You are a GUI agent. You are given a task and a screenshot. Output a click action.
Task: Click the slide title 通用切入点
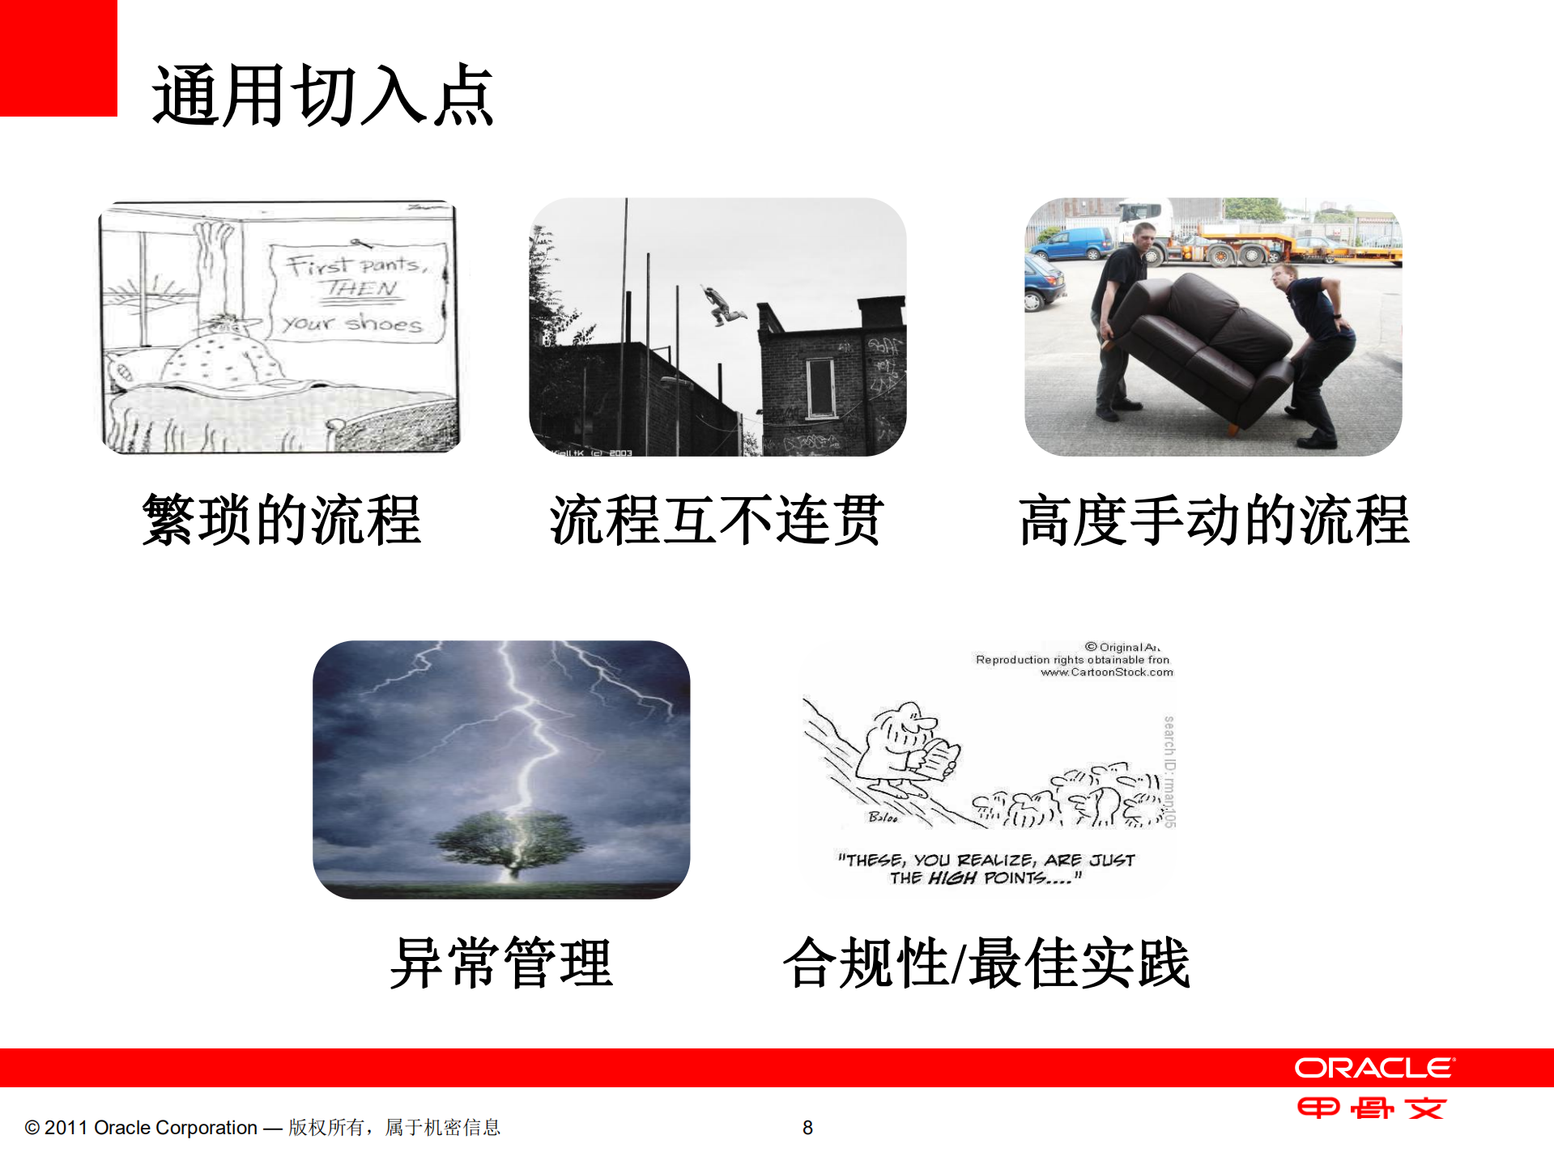coord(322,96)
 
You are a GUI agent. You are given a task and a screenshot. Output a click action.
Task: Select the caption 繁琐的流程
coord(282,520)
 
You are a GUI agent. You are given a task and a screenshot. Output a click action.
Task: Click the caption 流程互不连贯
coord(717,520)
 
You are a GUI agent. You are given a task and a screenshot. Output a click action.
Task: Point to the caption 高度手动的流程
coord(1214,520)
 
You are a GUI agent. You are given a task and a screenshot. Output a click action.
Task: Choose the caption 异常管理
coord(501,963)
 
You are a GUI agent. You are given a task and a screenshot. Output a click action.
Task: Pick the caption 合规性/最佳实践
coord(986,963)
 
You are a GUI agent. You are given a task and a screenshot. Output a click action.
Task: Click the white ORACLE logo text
coord(1374,1068)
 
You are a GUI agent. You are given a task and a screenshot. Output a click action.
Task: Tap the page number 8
coord(807,1128)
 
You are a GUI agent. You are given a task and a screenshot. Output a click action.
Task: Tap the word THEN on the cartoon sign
coord(361,289)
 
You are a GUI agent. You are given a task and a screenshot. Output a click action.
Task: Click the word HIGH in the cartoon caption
coord(952,878)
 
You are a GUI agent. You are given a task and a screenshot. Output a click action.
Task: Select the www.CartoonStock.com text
coord(1106,672)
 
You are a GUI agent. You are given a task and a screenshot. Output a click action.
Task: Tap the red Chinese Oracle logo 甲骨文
coord(1371,1108)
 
